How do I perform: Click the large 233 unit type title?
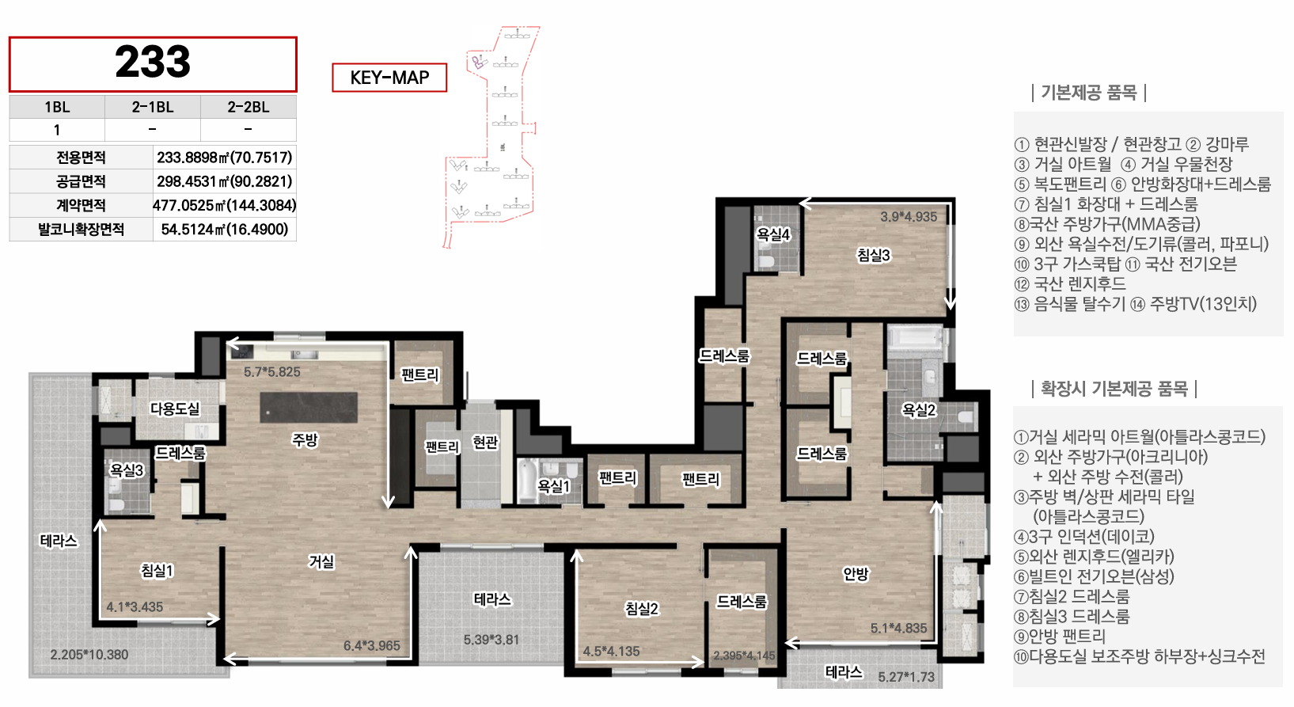point(153,62)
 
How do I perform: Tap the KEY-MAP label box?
point(389,78)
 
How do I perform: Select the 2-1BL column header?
point(153,107)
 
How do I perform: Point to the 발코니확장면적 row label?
point(82,229)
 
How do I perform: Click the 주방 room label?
point(305,440)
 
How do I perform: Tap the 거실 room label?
point(321,561)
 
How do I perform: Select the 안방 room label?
point(856,573)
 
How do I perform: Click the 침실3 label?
point(874,255)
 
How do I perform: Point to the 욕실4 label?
point(773,234)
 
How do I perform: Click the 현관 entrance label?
point(485,443)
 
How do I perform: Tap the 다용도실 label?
point(174,409)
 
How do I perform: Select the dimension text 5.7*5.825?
point(272,372)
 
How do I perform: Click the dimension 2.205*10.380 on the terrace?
point(89,655)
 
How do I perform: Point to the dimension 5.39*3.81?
point(491,640)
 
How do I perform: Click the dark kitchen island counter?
point(309,408)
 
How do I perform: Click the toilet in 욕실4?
point(767,262)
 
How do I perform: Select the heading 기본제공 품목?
point(1089,93)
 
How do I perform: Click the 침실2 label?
point(641,609)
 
